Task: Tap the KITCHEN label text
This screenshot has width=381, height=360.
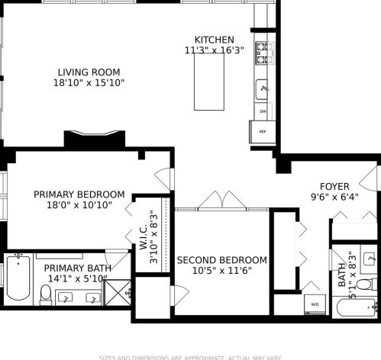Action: (x=214, y=40)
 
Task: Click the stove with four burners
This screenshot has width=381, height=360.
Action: (x=263, y=51)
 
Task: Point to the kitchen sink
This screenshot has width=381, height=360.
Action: (x=263, y=88)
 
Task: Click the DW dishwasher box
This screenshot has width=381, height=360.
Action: (x=263, y=111)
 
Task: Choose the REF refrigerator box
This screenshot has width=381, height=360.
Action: (x=262, y=131)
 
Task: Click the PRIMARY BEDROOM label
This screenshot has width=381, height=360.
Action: (x=79, y=194)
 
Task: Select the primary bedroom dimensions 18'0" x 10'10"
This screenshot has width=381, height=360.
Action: (x=79, y=205)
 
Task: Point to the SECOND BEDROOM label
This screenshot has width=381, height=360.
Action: (x=221, y=260)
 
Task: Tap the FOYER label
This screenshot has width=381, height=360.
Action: (x=334, y=185)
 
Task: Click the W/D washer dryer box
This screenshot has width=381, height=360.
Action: (x=314, y=304)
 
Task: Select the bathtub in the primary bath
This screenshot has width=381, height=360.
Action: (x=15, y=279)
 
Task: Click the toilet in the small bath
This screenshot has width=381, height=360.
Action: (x=364, y=284)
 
